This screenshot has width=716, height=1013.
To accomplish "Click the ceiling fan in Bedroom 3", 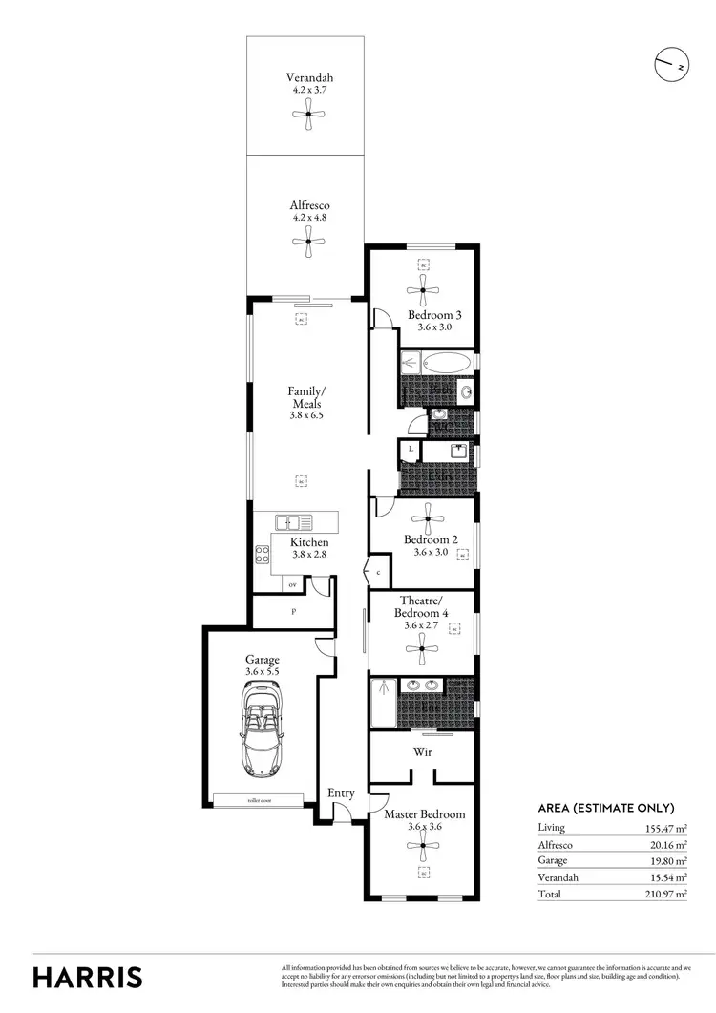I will click(422, 290).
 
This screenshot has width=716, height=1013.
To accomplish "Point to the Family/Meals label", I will click(307, 397).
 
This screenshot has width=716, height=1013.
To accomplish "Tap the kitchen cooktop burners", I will click(262, 554).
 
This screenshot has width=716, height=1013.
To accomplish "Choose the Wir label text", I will click(422, 752).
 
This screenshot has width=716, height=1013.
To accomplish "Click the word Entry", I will click(341, 792).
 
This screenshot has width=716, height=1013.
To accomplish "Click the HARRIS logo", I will click(88, 977).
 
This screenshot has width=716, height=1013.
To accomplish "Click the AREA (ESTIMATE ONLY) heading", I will click(606, 807).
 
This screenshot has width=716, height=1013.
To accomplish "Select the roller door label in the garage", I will click(261, 801).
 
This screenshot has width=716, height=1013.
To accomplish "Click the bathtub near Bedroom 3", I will click(445, 363).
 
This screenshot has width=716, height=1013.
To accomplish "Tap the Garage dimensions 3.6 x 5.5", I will click(262, 671).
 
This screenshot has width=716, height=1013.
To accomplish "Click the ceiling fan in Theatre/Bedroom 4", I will click(421, 651).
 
